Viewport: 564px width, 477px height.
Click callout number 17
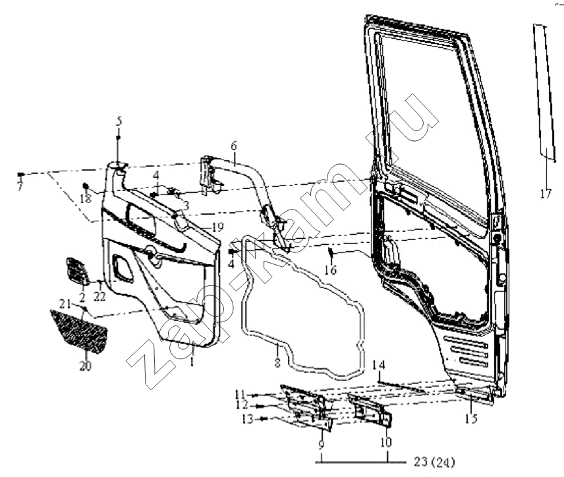click(546, 194)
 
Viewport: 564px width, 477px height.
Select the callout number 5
click(119, 121)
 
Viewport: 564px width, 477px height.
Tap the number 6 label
click(234, 146)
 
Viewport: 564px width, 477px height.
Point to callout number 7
click(20, 186)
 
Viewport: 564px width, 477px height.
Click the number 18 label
click(86, 198)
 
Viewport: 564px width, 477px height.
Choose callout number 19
click(217, 227)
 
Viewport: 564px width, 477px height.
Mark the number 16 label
click(330, 269)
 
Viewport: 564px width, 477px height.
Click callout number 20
click(86, 366)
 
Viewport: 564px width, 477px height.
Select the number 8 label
click(277, 362)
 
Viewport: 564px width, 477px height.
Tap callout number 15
click(471, 419)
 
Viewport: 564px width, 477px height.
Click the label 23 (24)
click(434, 462)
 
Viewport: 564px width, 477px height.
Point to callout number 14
click(379, 365)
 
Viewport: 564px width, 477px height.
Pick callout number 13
click(248, 419)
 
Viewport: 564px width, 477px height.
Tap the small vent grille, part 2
click(77, 271)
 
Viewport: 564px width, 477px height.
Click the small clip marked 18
click(86, 186)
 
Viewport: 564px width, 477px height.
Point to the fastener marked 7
click(21, 175)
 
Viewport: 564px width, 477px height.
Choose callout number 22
click(99, 296)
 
